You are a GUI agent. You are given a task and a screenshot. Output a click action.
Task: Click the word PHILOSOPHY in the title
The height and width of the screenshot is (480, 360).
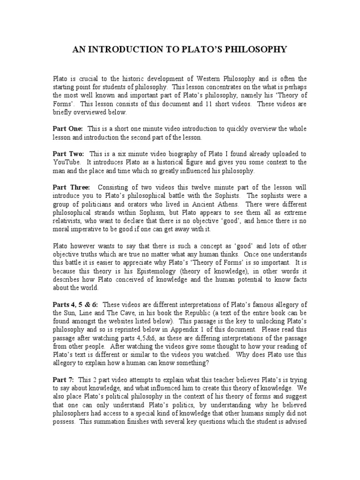(256, 49)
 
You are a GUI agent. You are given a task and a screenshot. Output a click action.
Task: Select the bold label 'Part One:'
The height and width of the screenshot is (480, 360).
(67, 128)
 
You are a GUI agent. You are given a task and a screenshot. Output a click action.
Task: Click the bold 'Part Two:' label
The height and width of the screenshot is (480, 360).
(68, 154)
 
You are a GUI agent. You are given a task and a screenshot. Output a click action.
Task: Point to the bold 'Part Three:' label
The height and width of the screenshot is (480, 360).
(71, 187)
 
